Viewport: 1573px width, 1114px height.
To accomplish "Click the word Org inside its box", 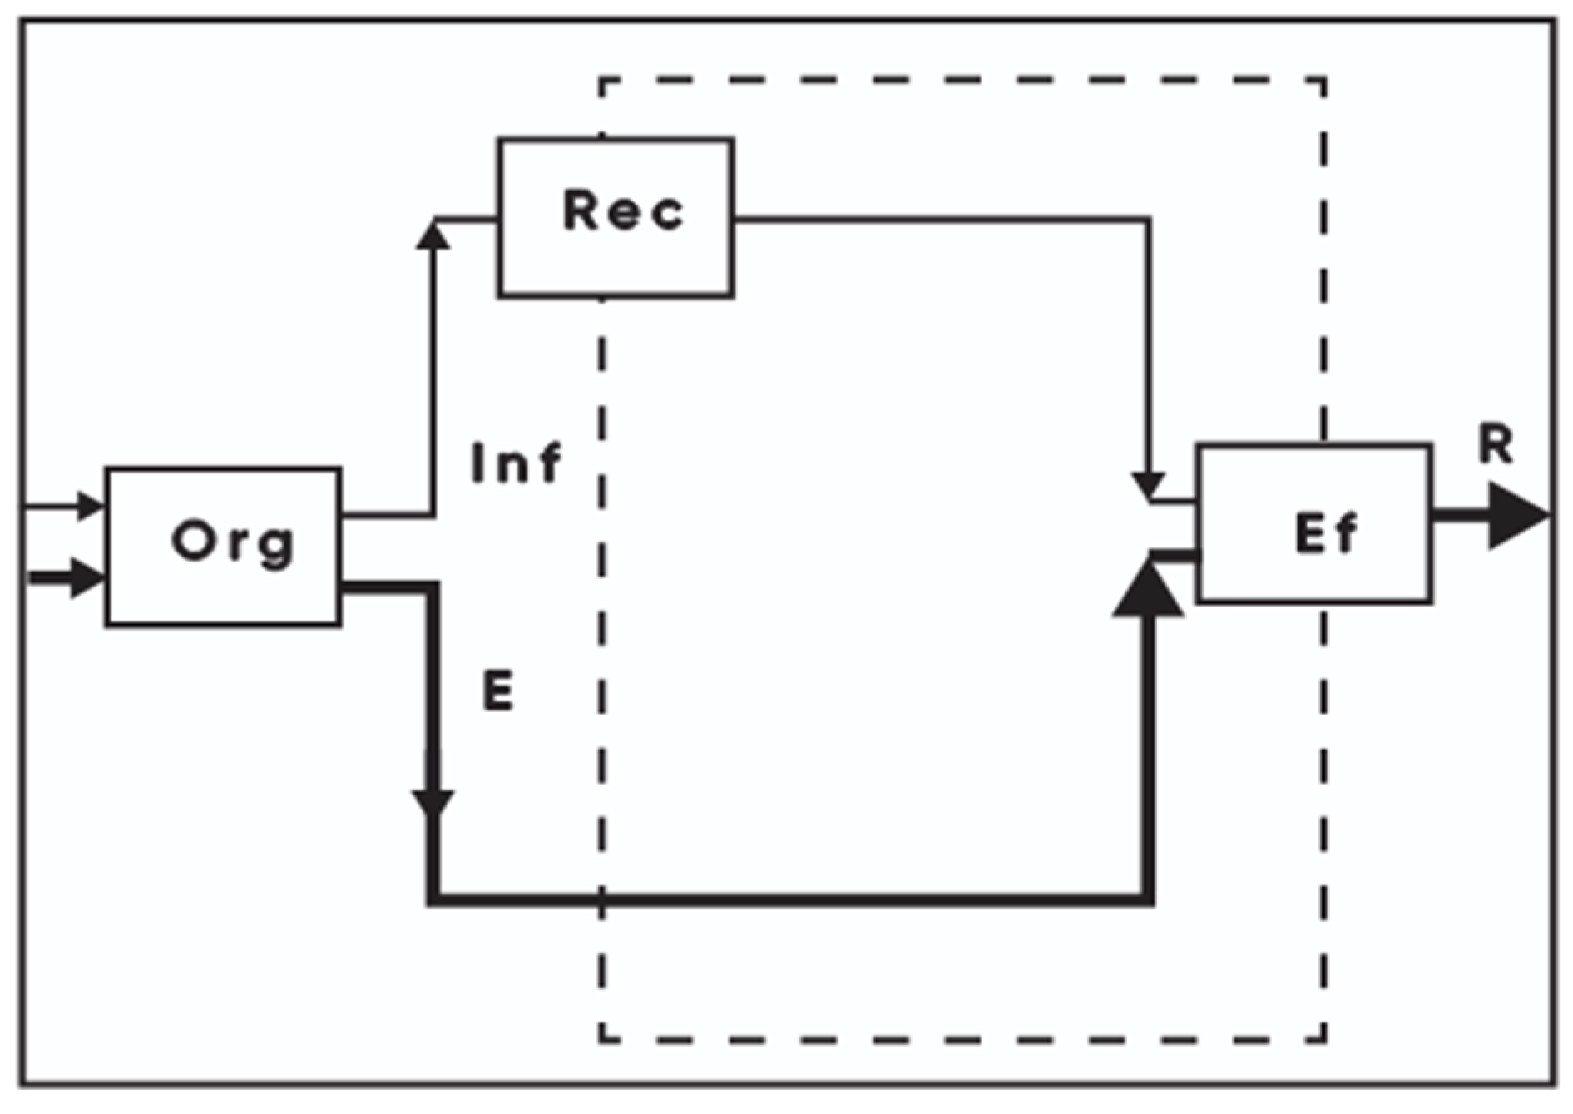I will (233, 543).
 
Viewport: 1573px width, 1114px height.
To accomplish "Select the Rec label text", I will (623, 210).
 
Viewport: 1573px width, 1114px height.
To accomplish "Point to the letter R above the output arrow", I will (1496, 444).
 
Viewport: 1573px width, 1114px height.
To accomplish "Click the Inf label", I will (517, 463).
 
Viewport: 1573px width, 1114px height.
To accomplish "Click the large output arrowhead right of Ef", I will (1516, 516).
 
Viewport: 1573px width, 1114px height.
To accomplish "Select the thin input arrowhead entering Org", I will (89, 505).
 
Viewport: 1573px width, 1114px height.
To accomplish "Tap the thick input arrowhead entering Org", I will (87, 577).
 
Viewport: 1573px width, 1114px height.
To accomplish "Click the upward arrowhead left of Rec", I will (433, 235).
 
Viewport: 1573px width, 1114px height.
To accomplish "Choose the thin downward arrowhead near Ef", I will (1149, 486).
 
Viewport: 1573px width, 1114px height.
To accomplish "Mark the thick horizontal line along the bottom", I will (790, 899).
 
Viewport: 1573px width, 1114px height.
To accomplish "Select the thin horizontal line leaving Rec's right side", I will (940, 220).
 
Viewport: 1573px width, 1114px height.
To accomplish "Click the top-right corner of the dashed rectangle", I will (1323, 81).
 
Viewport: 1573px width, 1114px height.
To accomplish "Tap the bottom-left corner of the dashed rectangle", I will (601, 1039).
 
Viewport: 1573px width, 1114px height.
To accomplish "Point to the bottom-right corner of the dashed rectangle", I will (1323, 1039).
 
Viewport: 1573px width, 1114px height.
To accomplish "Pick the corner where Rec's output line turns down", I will (1148, 220).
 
